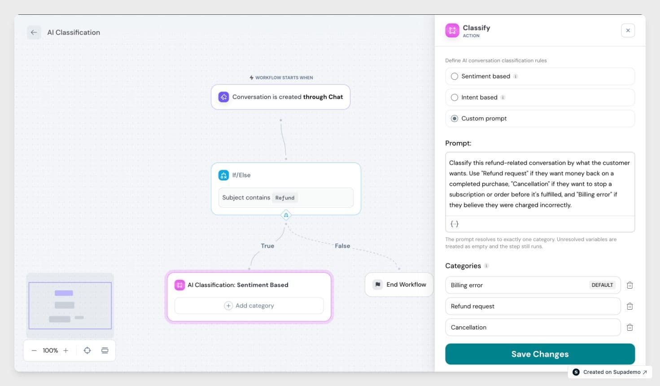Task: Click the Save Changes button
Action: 540,354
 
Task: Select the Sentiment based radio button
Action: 455,76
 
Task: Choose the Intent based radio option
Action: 455,97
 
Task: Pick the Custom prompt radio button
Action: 455,118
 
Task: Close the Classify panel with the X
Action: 628,31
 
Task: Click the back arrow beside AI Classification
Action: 34,32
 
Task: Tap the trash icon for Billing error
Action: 629,285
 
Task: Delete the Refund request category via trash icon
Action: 629,306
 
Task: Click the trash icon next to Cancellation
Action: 629,327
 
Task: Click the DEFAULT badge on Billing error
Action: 602,285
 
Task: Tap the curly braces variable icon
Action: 455,224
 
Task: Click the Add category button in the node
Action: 249,306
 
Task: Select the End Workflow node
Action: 399,285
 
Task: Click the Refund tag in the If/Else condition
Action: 284,198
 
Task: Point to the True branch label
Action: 267,246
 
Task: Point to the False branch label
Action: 342,246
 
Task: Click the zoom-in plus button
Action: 66,351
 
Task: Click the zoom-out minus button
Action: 34,351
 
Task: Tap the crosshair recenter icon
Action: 87,351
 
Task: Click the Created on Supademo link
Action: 610,372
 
